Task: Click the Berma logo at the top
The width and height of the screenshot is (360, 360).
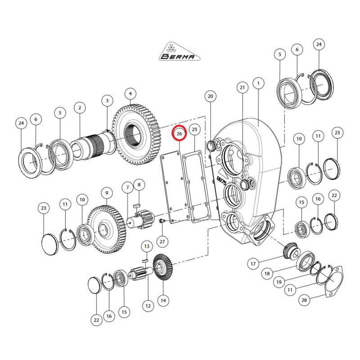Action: (180, 51)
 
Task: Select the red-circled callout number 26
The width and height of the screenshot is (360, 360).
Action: (179, 133)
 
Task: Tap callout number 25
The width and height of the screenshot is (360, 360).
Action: (194, 130)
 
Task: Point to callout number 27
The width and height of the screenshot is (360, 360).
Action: (162, 242)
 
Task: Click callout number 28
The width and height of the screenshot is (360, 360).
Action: (304, 300)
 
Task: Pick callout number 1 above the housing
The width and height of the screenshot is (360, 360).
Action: (258, 83)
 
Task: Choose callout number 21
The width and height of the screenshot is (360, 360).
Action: (243, 87)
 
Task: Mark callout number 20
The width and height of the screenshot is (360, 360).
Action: (210, 96)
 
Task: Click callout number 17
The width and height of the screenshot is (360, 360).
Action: (253, 263)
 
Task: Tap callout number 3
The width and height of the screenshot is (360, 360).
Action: (107, 100)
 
